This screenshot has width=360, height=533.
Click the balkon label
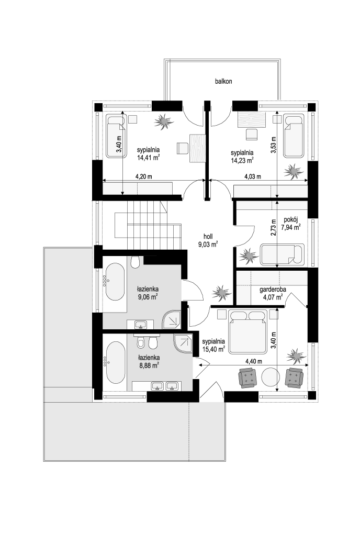[223, 81]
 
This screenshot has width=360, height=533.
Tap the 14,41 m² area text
[149, 158]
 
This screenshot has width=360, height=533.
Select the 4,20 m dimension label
[144, 176]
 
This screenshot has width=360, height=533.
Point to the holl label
[208, 236]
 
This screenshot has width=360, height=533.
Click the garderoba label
[273, 290]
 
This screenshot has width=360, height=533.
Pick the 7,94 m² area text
[291, 227]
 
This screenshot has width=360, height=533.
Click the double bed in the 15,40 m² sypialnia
[248, 331]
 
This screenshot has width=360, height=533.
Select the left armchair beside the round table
[248, 378]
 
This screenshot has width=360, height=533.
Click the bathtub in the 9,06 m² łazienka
[115, 282]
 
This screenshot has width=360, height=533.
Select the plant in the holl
[221, 292]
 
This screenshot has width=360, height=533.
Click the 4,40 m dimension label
[254, 361]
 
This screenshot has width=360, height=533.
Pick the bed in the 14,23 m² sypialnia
[293, 136]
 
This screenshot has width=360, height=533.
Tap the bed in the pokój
[282, 254]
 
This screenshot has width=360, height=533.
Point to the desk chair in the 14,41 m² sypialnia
[182, 148]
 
